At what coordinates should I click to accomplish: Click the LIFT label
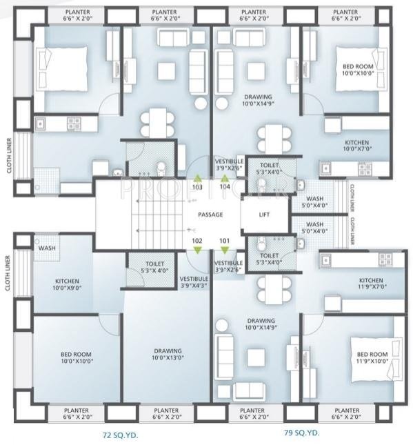[265, 215]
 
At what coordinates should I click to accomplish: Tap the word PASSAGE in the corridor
[210, 215]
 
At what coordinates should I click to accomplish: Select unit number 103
[198, 187]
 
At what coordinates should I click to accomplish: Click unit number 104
[225, 187]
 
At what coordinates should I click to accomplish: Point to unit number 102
[198, 241]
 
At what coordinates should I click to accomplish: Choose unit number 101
[225, 241]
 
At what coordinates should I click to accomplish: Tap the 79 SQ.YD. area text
[302, 433]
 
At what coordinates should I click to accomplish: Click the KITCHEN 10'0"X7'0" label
[357, 145]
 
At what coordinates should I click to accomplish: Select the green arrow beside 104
[225, 178]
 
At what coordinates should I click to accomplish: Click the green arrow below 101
[225, 250]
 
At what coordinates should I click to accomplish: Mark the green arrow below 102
[198, 250]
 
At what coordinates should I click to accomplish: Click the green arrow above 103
[198, 178]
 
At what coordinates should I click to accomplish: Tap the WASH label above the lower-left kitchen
[47, 248]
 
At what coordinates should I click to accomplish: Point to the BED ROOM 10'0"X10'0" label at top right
[357, 70]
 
